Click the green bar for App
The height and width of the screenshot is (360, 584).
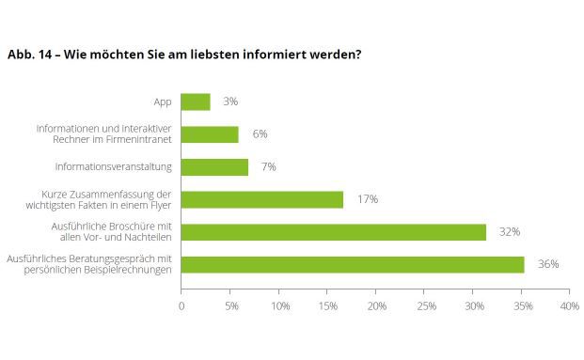pyautogui.click(x=196, y=102)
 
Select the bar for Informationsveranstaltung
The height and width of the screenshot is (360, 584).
pyautogui.click(x=214, y=166)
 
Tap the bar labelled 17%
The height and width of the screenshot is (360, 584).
pyautogui.click(x=262, y=199)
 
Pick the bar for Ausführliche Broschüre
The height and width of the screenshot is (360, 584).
pyautogui.click(x=334, y=231)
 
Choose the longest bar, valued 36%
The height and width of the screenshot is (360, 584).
pyautogui.click(x=353, y=264)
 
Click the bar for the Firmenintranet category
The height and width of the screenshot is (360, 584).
pyautogui.click(x=210, y=134)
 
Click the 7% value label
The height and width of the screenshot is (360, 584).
pyautogui.click(x=269, y=166)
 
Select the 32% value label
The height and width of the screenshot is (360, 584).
pyautogui.click(x=510, y=231)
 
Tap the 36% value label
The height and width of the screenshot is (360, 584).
pyautogui.click(x=547, y=264)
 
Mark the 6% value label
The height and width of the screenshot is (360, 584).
pyautogui.click(x=260, y=134)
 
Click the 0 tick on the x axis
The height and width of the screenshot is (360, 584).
pyautogui.click(x=182, y=306)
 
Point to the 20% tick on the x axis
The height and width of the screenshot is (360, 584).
pyautogui.click(x=376, y=306)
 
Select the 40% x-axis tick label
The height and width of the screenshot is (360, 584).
pyautogui.click(x=569, y=306)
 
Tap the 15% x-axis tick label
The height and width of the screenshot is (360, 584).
pyautogui.click(x=327, y=306)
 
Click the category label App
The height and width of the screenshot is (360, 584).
pyautogui.click(x=162, y=102)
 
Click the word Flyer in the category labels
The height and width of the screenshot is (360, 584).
pyautogui.click(x=160, y=205)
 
